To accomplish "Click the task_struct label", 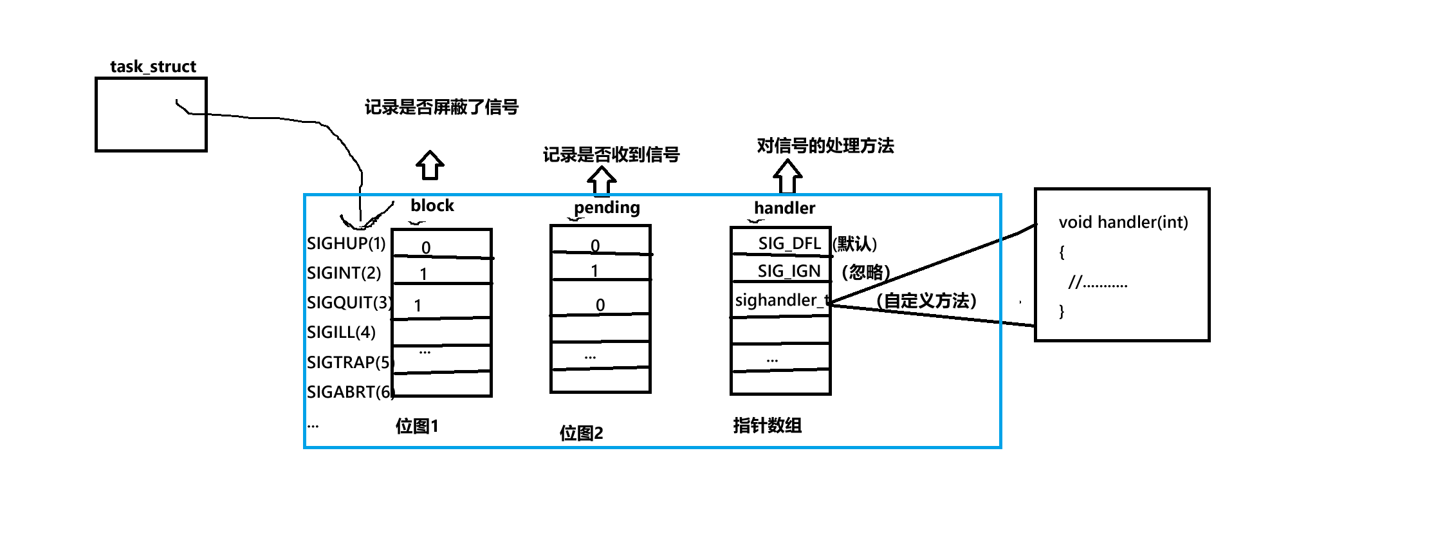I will click(x=152, y=66).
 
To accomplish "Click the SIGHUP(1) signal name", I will click(x=346, y=243).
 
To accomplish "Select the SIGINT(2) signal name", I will click(x=344, y=273).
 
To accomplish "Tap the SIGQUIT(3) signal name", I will click(x=349, y=302).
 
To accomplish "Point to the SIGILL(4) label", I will click(x=341, y=332).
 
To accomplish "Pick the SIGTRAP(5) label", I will click(x=349, y=362).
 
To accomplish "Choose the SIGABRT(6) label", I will click(x=350, y=392).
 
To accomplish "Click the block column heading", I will click(x=432, y=205).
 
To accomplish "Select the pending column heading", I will click(x=607, y=207).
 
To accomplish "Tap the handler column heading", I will click(x=784, y=208).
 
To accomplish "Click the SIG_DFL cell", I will click(x=789, y=243).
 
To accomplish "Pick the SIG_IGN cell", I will click(x=789, y=271).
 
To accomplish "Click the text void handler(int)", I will click(x=1123, y=222).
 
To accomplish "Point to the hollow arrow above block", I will click(x=430, y=165).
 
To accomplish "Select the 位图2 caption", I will click(x=581, y=433).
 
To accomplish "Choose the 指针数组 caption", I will click(x=767, y=425).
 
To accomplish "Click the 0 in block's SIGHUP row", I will click(x=426, y=248).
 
